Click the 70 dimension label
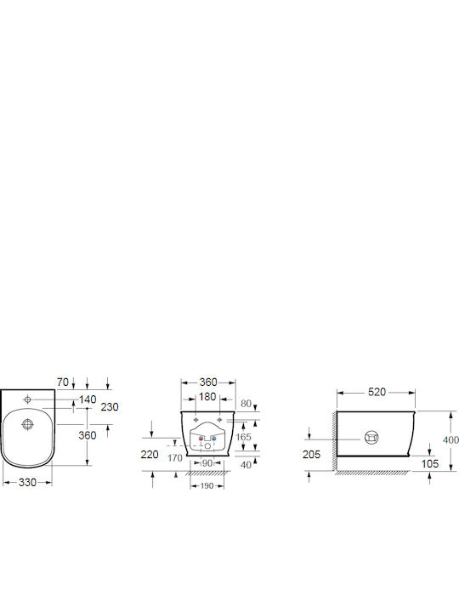click(62, 382)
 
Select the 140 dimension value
click(88, 399)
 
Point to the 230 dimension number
click(110, 407)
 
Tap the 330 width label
click(27, 483)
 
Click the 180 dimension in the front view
click(207, 397)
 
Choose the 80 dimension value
click(246, 404)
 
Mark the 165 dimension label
click(243, 437)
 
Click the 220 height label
click(150, 454)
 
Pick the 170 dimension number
click(175, 458)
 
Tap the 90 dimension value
click(207, 463)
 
